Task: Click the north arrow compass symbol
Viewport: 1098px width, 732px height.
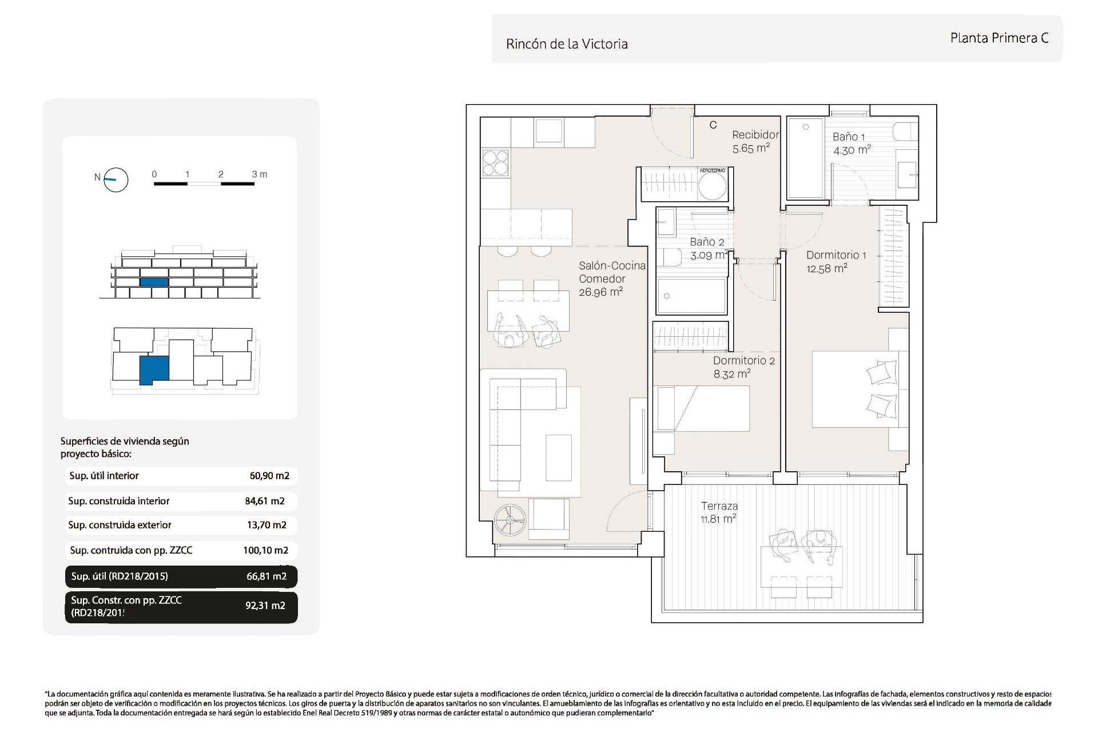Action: point(116,180)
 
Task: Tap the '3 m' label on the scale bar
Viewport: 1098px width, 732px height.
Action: point(260,174)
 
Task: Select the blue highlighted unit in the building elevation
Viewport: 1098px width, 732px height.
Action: point(154,282)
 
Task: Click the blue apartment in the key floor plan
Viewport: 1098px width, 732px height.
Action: point(154,370)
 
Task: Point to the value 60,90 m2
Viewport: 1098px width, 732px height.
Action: point(269,476)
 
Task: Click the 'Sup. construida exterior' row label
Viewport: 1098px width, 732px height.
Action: point(120,525)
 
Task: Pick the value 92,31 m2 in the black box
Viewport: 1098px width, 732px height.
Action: point(265,606)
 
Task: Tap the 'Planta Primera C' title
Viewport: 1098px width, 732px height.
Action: point(999,38)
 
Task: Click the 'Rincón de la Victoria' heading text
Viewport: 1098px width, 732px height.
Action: point(567,44)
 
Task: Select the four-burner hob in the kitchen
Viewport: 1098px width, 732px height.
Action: point(495,162)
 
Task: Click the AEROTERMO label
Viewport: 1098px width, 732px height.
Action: point(713,170)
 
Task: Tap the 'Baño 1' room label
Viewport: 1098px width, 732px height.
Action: point(849,137)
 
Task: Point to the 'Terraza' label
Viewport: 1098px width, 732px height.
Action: point(719,506)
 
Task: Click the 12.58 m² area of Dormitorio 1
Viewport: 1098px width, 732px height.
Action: point(827,268)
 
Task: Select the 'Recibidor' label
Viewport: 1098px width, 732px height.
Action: point(755,135)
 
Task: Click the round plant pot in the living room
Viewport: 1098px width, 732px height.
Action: point(510,520)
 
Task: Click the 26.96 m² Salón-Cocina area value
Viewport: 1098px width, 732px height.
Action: point(600,292)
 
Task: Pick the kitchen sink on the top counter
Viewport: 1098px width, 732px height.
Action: point(549,130)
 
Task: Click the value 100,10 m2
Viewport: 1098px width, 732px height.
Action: point(265,550)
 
